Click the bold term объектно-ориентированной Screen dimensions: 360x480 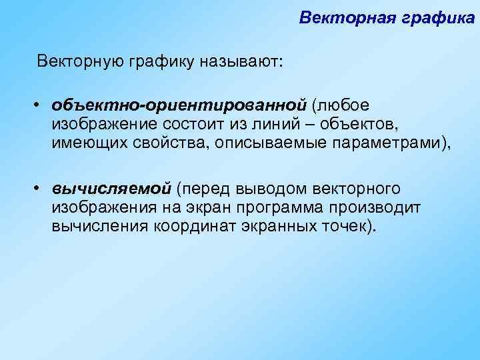180,105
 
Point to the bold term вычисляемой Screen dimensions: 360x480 112,189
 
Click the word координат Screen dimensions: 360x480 189,227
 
